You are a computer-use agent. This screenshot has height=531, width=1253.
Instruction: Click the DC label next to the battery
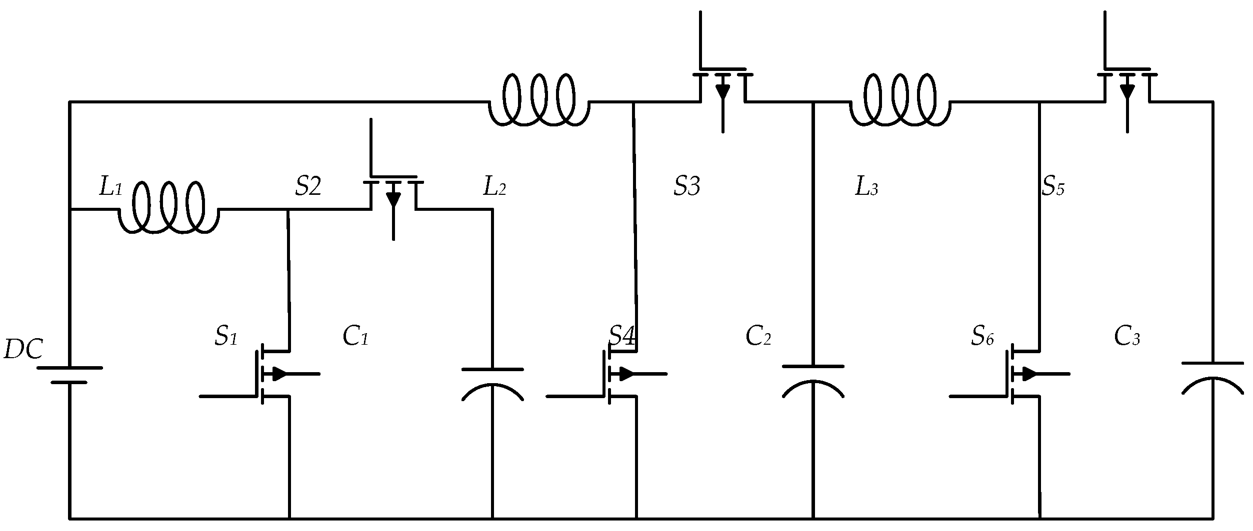tap(23, 350)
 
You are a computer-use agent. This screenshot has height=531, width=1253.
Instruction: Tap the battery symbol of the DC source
tap(69, 375)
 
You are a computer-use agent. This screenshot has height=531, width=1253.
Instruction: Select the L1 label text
tap(110, 186)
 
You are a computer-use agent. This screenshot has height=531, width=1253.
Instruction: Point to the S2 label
tap(307, 186)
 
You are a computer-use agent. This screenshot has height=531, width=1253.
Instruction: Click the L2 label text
tap(494, 186)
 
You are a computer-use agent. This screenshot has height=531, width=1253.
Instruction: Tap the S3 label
tap(686, 186)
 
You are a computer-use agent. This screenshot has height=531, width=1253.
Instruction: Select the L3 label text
tap(866, 187)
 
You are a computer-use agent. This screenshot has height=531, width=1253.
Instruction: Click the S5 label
tap(1053, 186)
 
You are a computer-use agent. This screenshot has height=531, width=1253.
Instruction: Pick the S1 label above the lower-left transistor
tap(225, 337)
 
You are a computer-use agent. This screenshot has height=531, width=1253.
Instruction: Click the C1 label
tap(355, 337)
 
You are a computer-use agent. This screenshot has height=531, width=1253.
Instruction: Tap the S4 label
tap(622, 336)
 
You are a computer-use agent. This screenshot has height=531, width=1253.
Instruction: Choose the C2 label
tap(758, 337)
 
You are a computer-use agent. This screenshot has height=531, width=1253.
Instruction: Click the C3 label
tap(1127, 337)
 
